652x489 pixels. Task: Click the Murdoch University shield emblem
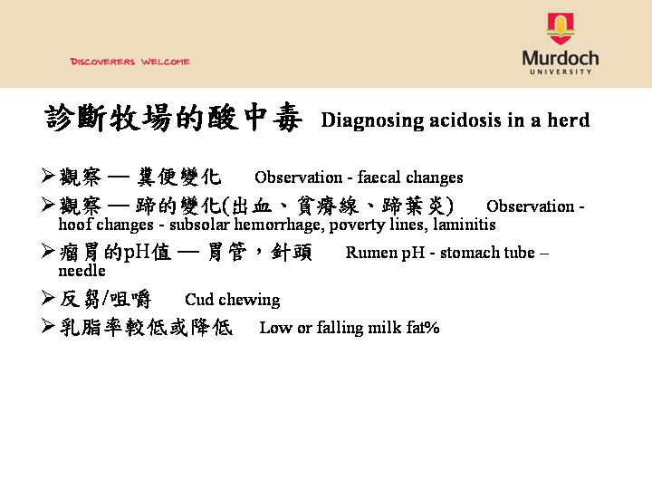pyautogui.click(x=561, y=28)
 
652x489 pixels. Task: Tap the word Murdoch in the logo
pyautogui.click(x=561, y=58)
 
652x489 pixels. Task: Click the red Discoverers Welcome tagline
pyautogui.click(x=129, y=62)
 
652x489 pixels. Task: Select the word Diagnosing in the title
pyautogui.click(x=372, y=120)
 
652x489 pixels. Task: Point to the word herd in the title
pyautogui.click(x=568, y=120)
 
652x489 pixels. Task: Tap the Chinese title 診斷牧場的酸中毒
pyautogui.click(x=173, y=118)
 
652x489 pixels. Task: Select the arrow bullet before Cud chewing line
pyautogui.click(x=48, y=298)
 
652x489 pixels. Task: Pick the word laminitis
pyautogui.click(x=464, y=225)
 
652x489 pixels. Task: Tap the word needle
pyautogui.click(x=81, y=271)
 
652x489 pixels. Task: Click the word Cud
pyautogui.click(x=198, y=300)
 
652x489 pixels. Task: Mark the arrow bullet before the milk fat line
pyautogui.click(x=48, y=326)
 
